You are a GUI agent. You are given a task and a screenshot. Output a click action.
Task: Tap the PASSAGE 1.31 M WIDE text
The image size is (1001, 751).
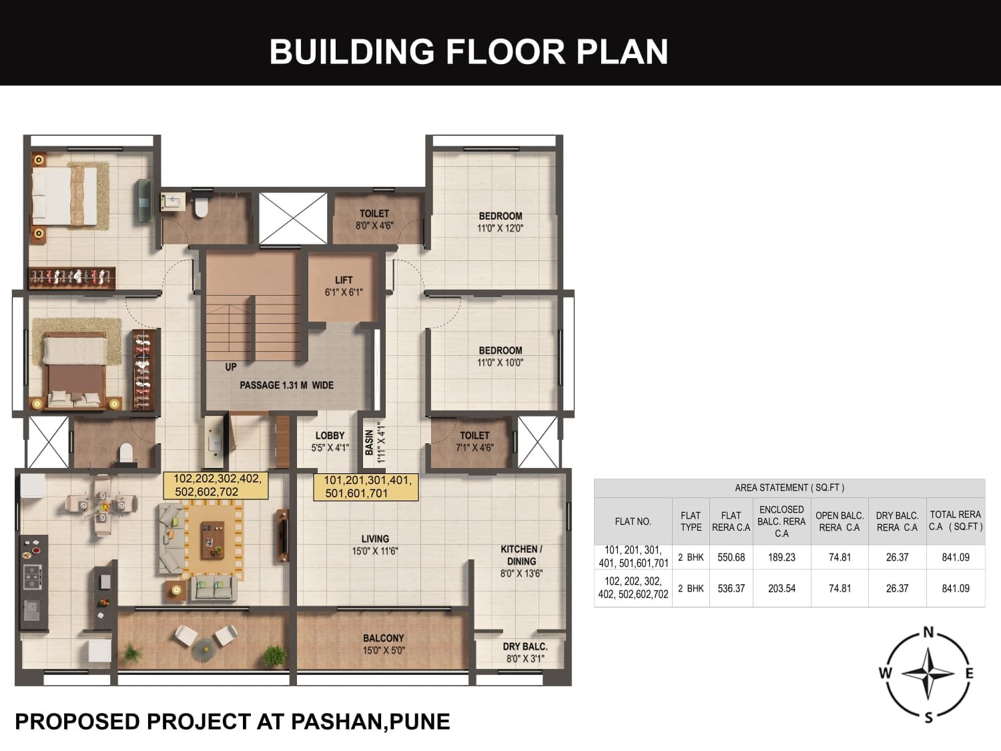pyautogui.click(x=287, y=385)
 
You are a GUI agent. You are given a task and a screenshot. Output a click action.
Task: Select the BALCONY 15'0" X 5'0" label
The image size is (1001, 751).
pyautogui.click(x=384, y=644)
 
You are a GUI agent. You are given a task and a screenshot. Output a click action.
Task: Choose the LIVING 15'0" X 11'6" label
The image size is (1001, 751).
pyautogui.click(x=375, y=545)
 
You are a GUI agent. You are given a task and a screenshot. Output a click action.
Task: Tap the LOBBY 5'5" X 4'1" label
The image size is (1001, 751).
pyautogui.click(x=330, y=441)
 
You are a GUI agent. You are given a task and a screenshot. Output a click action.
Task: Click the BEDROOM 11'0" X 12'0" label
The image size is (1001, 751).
pyautogui.click(x=500, y=222)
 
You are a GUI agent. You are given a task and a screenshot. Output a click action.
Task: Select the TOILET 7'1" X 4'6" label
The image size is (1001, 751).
pyautogui.click(x=474, y=441)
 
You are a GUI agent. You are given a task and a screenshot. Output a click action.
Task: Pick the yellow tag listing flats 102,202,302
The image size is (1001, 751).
pyautogui.click(x=216, y=485)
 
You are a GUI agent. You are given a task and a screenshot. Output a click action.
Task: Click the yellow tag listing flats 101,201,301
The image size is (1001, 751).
pyautogui.click(x=366, y=487)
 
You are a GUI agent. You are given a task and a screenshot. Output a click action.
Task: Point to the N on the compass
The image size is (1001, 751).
pyautogui.click(x=928, y=632)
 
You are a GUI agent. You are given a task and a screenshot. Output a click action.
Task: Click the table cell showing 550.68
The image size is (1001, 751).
pyautogui.click(x=731, y=557)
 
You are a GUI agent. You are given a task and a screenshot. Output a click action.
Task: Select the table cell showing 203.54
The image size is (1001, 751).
pyautogui.click(x=781, y=588)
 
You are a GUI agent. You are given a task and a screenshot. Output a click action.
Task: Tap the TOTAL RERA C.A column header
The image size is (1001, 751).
pyautogui.click(x=956, y=521)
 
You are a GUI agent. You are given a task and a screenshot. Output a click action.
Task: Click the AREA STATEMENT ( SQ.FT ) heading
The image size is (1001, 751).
pyautogui.click(x=789, y=488)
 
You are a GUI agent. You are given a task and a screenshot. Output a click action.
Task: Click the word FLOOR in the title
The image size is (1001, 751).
pyautogui.click(x=506, y=51)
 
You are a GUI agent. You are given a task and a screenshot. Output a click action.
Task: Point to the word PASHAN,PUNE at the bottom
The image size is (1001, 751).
pyautogui.click(x=371, y=722)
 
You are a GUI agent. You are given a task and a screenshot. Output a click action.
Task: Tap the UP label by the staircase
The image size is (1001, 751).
pyautogui.click(x=231, y=366)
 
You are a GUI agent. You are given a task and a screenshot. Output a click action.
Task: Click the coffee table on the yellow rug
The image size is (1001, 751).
pyautogui.click(x=212, y=540)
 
